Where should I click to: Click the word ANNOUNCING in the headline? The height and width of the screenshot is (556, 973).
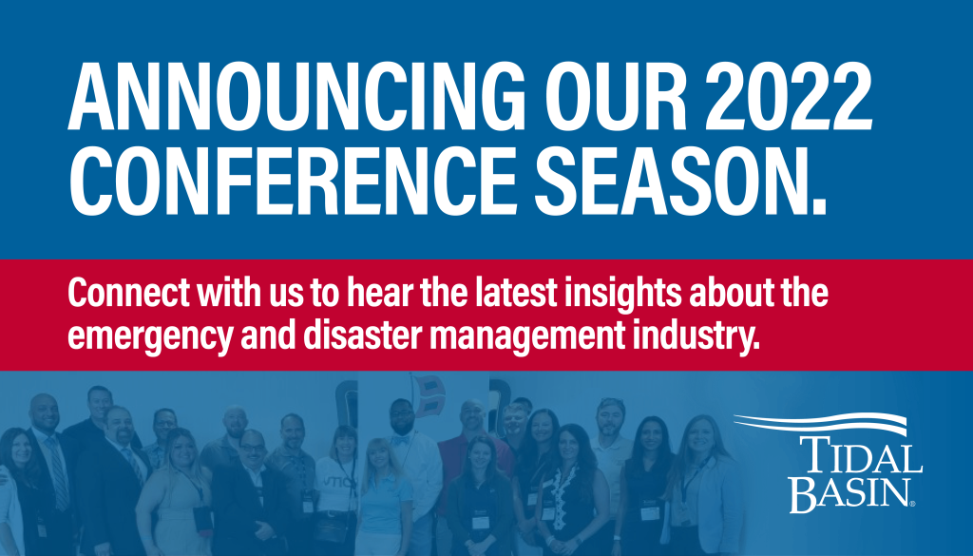pyautogui.click(x=296, y=96)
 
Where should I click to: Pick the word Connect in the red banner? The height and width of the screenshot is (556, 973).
pyautogui.click(x=128, y=293)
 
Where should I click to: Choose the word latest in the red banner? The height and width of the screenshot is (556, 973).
pyautogui.click(x=516, y=293)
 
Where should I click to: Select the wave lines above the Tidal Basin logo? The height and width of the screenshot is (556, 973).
pyautogui.click(x=820, y=424)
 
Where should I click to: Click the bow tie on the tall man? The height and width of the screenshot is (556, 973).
pyautogui.click(x=400, y=439)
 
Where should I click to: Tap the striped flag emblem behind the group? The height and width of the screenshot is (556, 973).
pyautogui.click(x=429, y=396)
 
